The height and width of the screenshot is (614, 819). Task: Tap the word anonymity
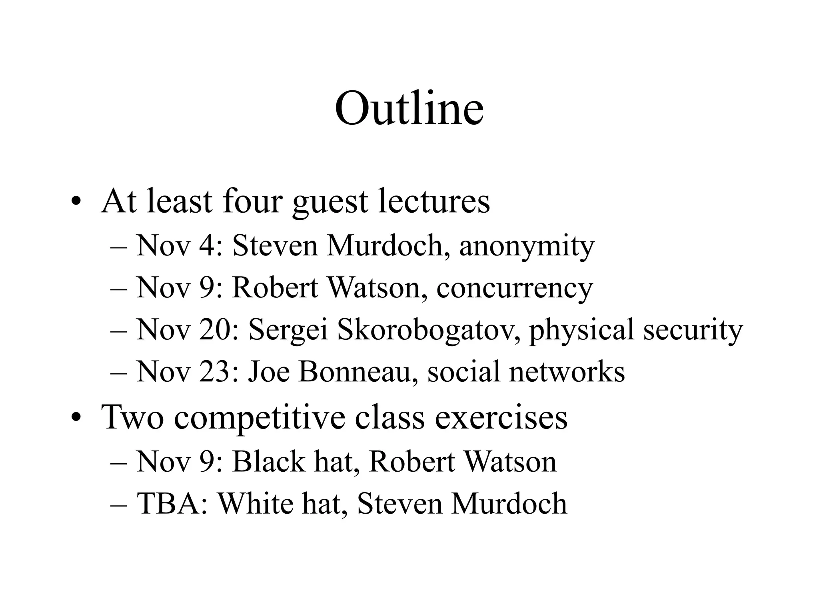point(527,246)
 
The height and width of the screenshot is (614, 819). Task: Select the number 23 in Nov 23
point(219,371)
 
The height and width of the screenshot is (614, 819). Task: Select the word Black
point(268,462)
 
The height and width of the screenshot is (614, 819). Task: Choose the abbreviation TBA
point(172,503)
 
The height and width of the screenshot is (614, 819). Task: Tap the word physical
point(581,330)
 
